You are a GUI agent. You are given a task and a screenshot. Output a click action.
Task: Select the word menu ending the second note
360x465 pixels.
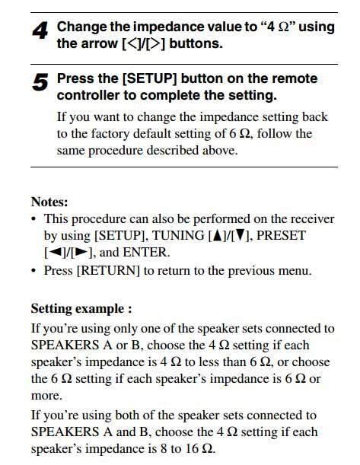[x=294, y=270]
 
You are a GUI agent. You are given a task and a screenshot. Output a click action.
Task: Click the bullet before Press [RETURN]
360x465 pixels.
[x=34, y=270]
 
